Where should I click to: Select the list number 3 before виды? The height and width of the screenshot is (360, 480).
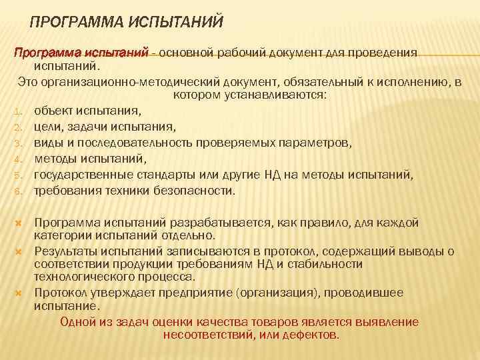pos(19,143)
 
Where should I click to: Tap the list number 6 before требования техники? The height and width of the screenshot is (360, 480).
pos(19,191)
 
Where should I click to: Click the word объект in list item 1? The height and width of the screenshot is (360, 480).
pos(55,111)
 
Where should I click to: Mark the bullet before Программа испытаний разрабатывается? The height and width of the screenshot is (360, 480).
pos(19,223)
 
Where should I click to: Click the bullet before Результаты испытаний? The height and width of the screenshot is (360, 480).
pos(19,252)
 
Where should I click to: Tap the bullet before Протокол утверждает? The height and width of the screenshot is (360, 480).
pos(19,293)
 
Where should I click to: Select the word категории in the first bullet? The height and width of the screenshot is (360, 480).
pos(61,235)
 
